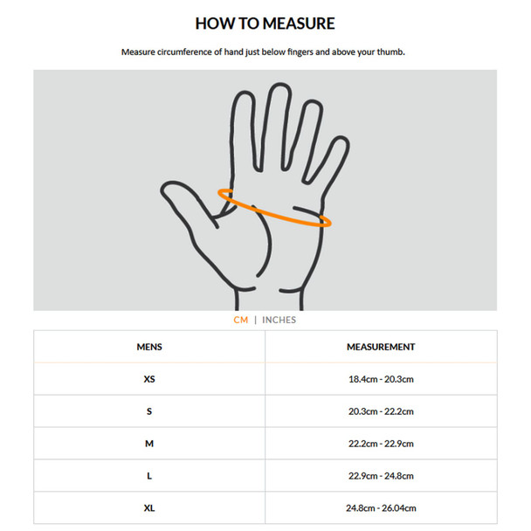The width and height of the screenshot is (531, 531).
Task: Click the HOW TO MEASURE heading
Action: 265,24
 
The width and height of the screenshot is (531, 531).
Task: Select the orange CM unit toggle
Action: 241,320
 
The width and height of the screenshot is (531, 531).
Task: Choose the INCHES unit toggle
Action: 279,320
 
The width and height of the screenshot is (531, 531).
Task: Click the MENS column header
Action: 149,347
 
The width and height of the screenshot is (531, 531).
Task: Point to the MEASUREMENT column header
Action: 381,347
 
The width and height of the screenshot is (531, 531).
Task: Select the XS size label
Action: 149,379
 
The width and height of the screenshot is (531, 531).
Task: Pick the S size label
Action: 149,411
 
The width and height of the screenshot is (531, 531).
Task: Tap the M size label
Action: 149,444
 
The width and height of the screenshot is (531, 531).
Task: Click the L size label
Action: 149,476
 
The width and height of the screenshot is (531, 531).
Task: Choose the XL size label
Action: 149,508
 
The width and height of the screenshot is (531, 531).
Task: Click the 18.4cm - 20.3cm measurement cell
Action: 381,379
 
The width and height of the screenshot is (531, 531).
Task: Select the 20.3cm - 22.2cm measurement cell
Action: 381,411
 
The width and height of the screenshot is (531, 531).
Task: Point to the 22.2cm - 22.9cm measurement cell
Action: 381,444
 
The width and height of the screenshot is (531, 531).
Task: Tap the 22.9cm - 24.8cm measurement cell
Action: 381,476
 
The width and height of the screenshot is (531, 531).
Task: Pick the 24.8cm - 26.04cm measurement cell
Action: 381,508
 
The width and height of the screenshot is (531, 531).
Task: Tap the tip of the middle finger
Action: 280,84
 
